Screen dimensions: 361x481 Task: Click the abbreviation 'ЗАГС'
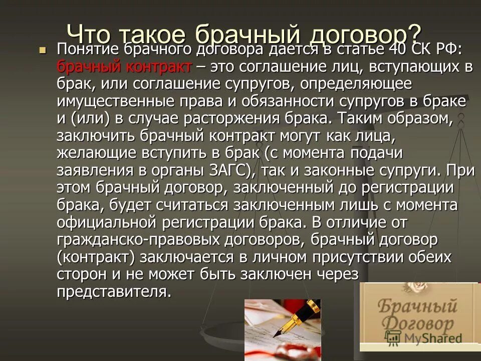click(224, 170)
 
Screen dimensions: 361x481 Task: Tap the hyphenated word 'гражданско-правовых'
click(128, 239)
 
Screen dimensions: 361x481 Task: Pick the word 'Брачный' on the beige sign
click(417, 305)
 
